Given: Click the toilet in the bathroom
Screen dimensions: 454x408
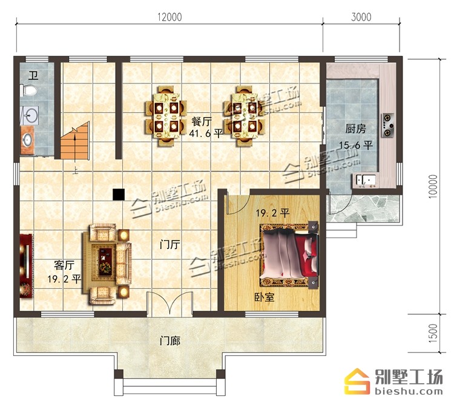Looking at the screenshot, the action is point(28,91).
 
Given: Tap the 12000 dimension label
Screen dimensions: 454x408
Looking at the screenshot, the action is point(169,17).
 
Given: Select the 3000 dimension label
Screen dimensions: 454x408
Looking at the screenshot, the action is point(361,17).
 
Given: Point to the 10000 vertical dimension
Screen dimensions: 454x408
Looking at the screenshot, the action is point(433,187).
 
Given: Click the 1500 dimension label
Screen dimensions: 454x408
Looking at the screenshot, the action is point(433,334).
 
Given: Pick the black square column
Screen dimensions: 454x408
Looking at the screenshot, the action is point(119,194).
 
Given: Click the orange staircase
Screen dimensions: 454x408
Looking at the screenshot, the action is point(74,141).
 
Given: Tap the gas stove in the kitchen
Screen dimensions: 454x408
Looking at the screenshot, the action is point(388,125).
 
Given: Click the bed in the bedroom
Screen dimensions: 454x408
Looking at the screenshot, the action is point(289,255).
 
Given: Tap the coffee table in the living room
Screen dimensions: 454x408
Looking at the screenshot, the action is point(105,261).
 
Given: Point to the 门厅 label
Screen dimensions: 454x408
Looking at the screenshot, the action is point(170,245).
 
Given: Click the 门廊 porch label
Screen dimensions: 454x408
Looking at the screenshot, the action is point(170,341).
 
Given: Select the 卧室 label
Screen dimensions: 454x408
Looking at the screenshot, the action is point(265,297).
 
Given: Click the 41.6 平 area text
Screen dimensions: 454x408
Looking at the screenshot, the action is point(206,134).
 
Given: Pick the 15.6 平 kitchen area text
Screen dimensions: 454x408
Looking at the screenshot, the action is point(356,145).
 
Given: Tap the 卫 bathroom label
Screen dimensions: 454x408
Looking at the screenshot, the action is point(33,76).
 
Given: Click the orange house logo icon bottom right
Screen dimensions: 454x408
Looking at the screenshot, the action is point(357,381).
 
